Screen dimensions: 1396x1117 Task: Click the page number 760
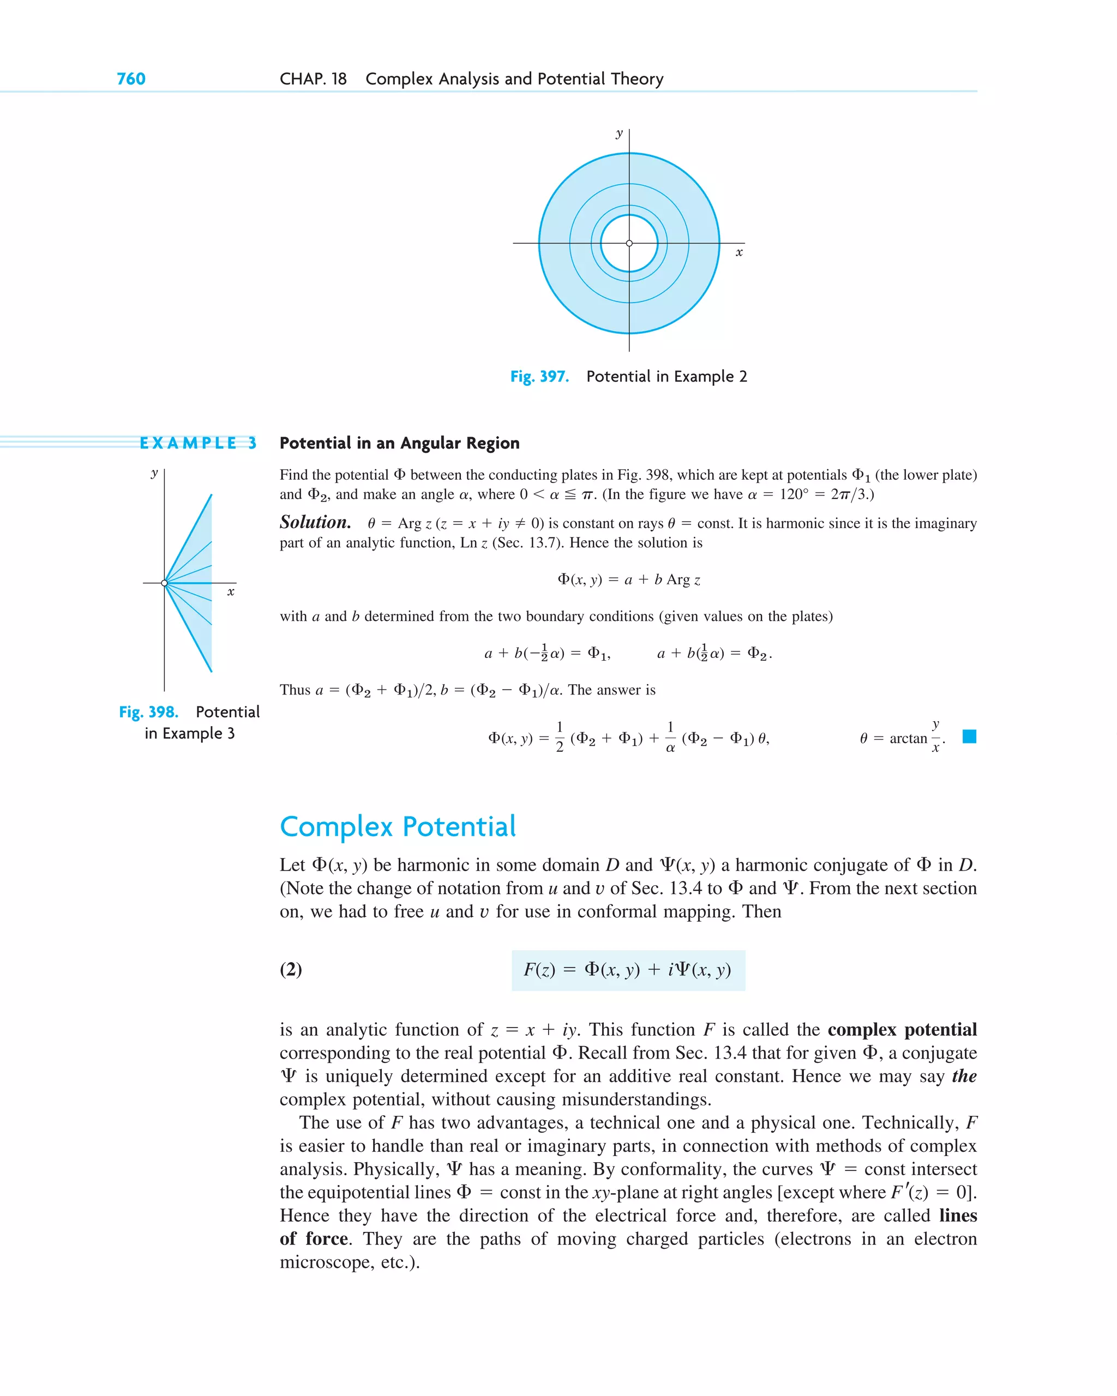tap(131, 79)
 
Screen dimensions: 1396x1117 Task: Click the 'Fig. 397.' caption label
tap(539, 377)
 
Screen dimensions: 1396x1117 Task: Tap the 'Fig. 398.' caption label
tap(148, 712)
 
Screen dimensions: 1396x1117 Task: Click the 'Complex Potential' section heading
tap(397, 827)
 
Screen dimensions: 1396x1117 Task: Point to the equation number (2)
tap(291, 969)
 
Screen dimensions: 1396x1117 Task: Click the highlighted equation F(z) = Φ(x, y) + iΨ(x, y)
tap(627, 970)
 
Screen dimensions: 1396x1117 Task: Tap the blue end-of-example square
tap(969, 737)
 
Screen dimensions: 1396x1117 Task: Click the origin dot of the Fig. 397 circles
tap(629, 244)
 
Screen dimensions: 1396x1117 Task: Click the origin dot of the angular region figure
tap(165, 583)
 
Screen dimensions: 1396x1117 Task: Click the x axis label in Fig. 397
tap(738, 252)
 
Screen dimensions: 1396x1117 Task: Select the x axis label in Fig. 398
tap(231, 592)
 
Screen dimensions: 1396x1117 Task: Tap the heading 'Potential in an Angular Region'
tap(399, 444)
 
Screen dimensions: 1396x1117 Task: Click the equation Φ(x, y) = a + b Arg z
tap(628, 579)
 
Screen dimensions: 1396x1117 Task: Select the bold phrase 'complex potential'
tap(902, 1030)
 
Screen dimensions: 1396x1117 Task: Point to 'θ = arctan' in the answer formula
tap(893, 739)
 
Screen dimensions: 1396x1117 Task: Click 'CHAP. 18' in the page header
tap(313, 79)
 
